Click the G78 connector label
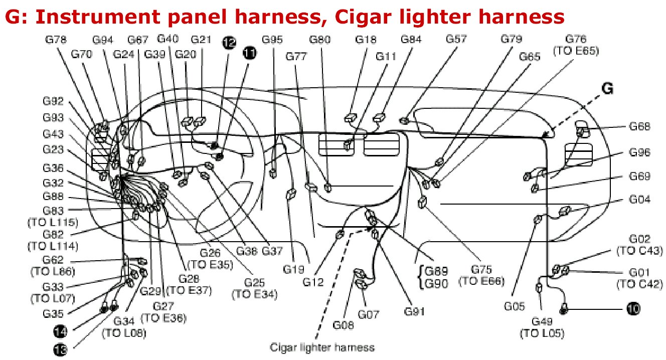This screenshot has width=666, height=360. coord(54,39)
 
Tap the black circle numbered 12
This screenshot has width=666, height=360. coord(229,43)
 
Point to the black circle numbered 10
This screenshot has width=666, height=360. coord(633,309)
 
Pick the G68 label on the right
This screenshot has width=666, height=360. coord(639,126)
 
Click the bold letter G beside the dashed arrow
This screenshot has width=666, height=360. coord(607,89)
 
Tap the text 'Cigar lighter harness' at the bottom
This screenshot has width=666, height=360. coord(322,347)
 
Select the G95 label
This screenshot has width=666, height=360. coord(274,39)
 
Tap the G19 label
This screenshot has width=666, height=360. coord(293,269)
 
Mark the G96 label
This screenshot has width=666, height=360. coord(639,153)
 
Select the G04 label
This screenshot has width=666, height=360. coord(639,200)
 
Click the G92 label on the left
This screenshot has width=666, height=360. coord(53,102)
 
